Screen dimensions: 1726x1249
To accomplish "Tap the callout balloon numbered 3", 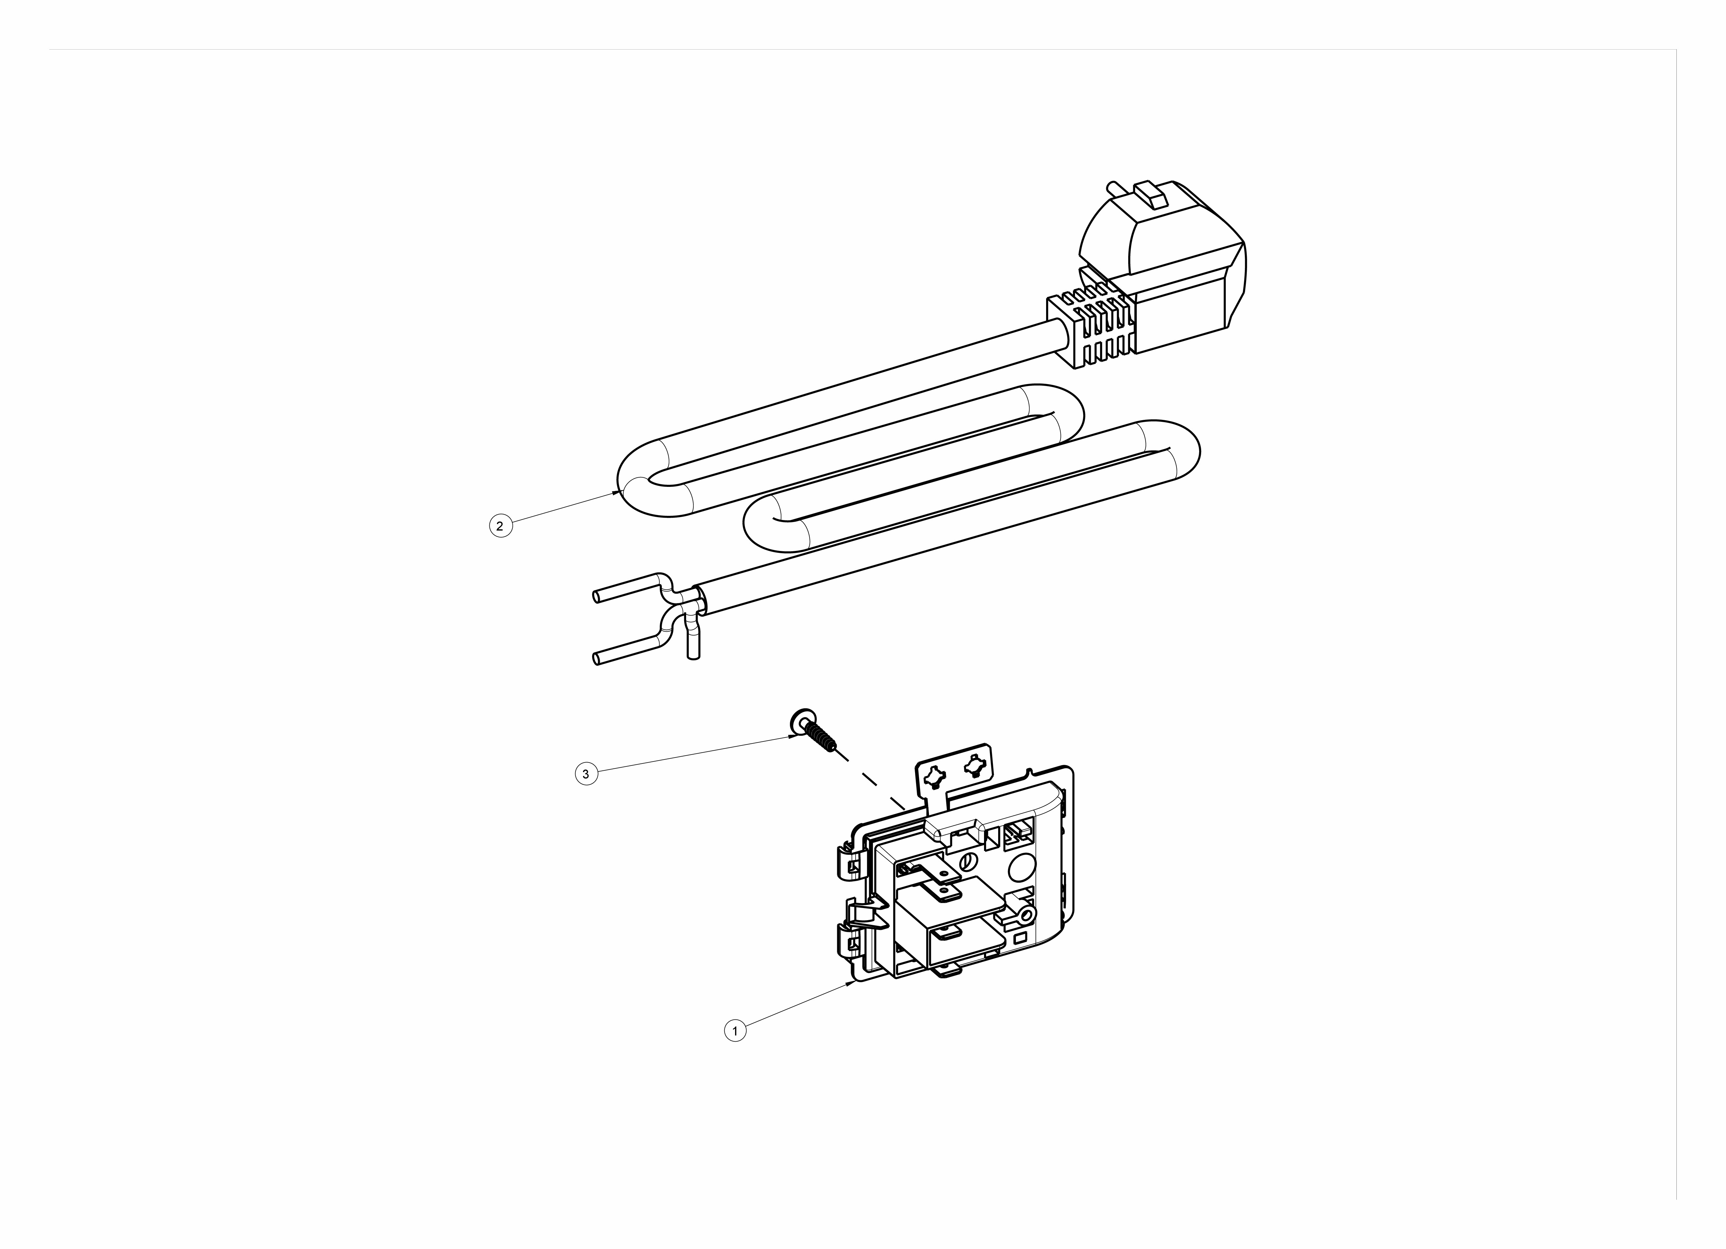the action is coord(586,775).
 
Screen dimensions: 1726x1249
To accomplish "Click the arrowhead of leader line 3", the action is coord(793,737).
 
